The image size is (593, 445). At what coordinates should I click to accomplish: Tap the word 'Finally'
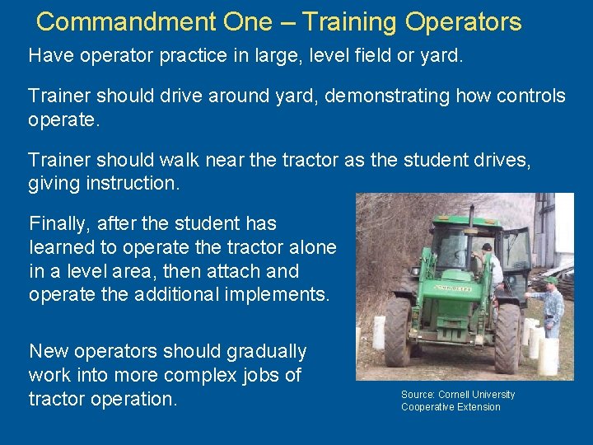(59, 223)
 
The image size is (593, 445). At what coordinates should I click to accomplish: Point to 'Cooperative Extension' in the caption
(451, 407)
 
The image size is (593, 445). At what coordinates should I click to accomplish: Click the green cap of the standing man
(553, 280)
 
